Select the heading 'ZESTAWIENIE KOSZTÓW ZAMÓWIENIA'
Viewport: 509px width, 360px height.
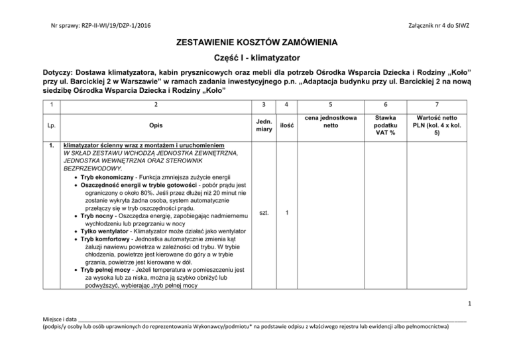254,43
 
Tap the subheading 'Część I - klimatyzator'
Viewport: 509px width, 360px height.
254,58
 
